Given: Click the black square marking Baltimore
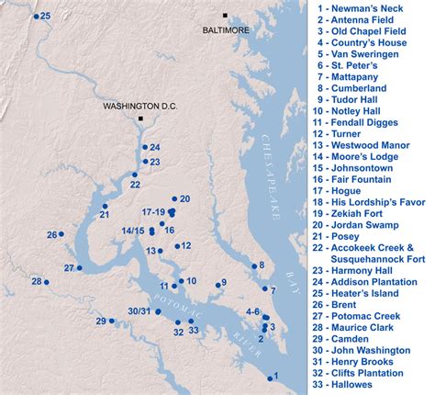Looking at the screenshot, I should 225,16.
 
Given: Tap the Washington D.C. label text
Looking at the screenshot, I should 140,106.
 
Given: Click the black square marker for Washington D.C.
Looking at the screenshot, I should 140,118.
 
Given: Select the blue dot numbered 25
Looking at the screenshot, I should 36,17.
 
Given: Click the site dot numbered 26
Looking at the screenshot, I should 61,234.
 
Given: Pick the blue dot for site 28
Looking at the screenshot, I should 46,281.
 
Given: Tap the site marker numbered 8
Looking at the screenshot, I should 254,267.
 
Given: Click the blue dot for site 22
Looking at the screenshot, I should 134,175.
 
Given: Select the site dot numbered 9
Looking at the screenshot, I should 217,286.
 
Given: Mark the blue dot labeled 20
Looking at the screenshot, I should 173,199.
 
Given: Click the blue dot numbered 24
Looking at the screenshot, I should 144,147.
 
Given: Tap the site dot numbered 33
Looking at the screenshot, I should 191,322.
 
